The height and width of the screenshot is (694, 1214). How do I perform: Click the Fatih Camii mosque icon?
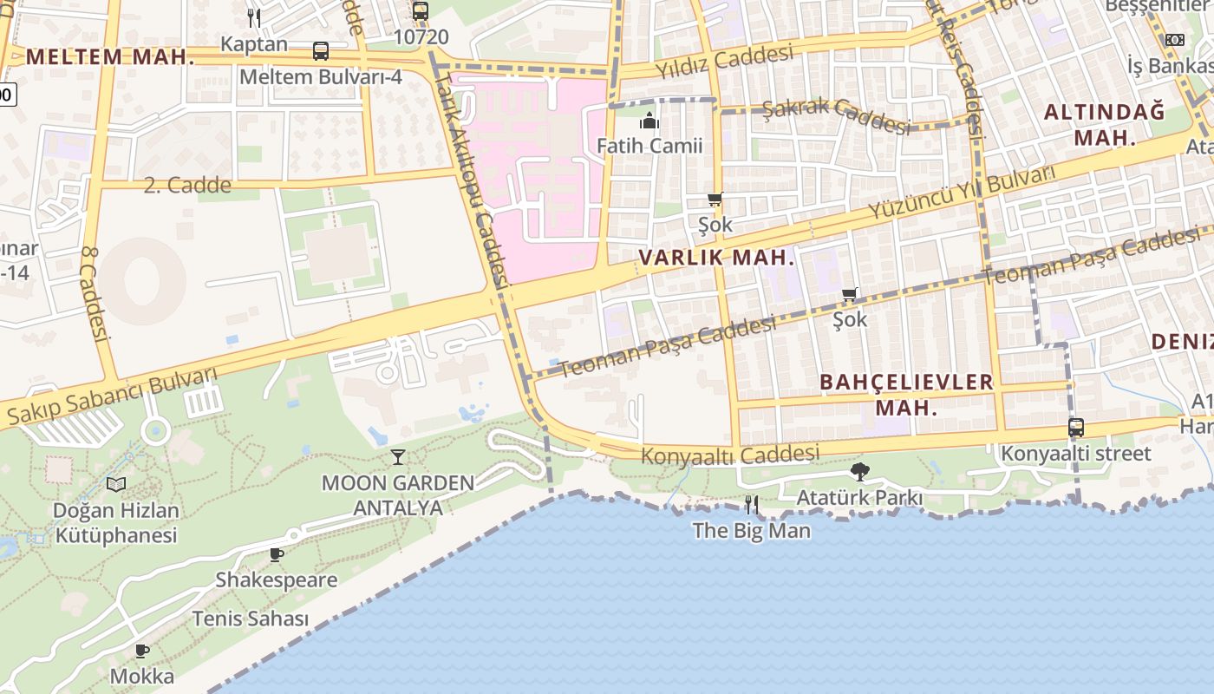649,121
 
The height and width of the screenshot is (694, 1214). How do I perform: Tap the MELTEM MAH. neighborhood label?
110,58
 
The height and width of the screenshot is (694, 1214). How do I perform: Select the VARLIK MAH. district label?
716,258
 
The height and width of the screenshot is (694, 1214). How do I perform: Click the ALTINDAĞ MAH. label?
1104,124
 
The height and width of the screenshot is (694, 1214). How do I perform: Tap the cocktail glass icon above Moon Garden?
398,457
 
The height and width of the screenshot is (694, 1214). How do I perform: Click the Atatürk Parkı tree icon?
859,472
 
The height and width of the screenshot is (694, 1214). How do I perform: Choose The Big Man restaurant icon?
751,504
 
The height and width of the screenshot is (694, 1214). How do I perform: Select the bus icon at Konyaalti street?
1075,428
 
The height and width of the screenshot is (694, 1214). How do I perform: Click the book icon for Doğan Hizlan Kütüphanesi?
116,484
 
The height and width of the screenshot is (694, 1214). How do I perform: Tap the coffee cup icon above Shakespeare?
276,554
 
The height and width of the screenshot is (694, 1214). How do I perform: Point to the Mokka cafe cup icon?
142,651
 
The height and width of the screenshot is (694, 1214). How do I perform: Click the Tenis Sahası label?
250,619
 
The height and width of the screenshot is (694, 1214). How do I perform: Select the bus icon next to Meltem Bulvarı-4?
321,51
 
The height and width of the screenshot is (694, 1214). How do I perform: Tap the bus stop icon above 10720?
421,11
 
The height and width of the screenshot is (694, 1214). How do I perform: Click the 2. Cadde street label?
187,185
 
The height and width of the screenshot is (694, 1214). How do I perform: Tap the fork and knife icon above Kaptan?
253,16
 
